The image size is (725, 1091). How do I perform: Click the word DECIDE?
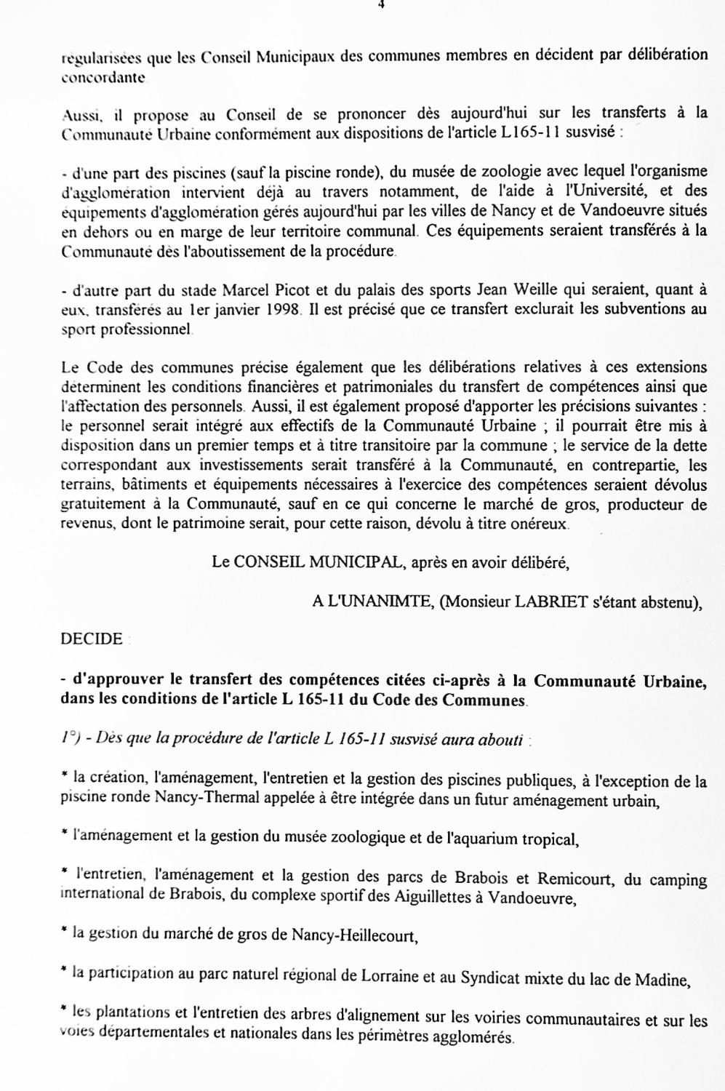92,639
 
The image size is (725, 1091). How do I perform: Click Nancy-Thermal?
203,799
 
